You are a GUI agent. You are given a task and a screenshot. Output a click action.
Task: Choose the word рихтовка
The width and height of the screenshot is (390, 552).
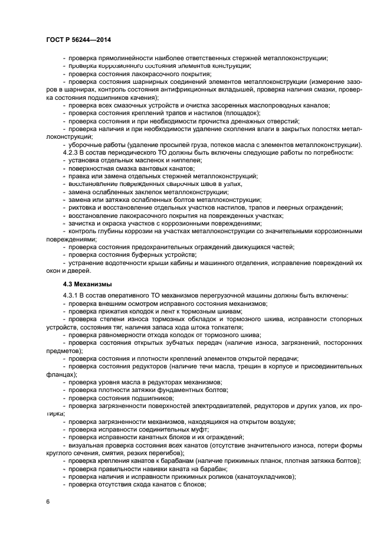tap(83, 207)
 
